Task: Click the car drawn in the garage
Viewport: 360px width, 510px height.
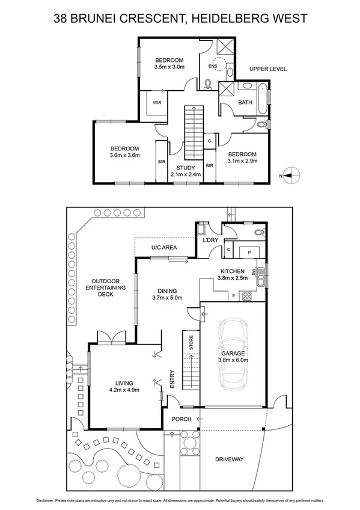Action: pyautogui.click(x=231, y=355)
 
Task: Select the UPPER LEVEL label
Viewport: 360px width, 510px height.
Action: pyautogui.click(x=268, y=69)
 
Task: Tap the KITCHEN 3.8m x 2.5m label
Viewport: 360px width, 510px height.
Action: pyautogui.click(x=232, y=274)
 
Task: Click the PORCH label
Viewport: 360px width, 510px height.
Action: pyautogui.click(x=181, y=419)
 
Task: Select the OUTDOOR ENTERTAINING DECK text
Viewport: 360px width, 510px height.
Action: pyautogui.click(x=108, y=288)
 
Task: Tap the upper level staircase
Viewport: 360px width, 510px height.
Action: pyautogui.click(x=194, y=129)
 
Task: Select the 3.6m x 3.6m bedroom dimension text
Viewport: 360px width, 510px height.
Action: pyautogui.click(x=124, y=156)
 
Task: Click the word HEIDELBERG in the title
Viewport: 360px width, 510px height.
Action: pyautogui.click(x=234, y=19)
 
